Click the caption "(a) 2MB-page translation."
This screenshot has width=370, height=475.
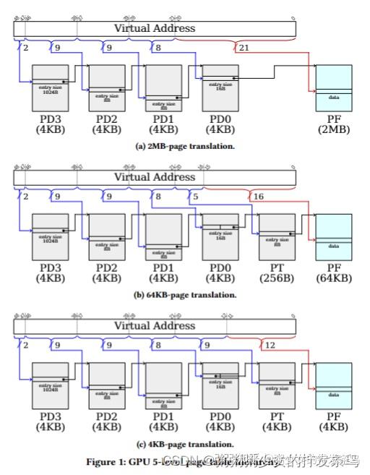point(185,145)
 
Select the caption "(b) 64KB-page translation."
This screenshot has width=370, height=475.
point(185,294)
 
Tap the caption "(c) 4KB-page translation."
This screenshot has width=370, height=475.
point(185,443)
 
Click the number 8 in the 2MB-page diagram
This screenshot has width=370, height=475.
point(158,48)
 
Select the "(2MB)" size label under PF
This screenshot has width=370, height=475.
point(334,130)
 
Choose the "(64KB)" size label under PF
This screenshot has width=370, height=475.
point(334,279)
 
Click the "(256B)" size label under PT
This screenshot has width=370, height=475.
point(277,279)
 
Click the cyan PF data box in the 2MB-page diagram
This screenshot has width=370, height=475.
point(334,87)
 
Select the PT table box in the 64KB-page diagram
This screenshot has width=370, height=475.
point(277,236)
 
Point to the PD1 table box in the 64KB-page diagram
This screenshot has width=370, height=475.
point(163,236)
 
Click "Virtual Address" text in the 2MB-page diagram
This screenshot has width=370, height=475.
point(155,28)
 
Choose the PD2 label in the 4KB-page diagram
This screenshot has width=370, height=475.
point(107,417)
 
